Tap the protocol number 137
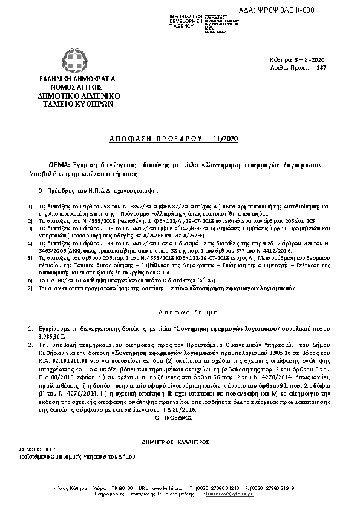coord(322,68)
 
